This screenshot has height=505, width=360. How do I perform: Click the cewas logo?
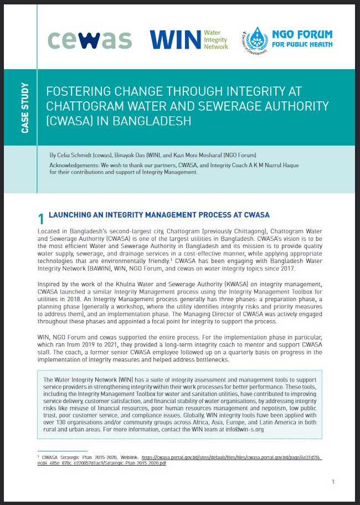(x=89, y=39)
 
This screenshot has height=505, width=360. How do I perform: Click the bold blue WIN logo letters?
(x=175, y=40)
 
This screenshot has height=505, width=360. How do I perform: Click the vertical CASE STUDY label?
(x=25, y=108)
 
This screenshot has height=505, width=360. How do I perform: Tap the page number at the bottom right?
(x=333, y=482)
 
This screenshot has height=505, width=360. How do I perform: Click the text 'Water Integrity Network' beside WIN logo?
(x=215, y=40)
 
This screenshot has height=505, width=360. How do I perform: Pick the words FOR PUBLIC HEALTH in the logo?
(x=302, y=44)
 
